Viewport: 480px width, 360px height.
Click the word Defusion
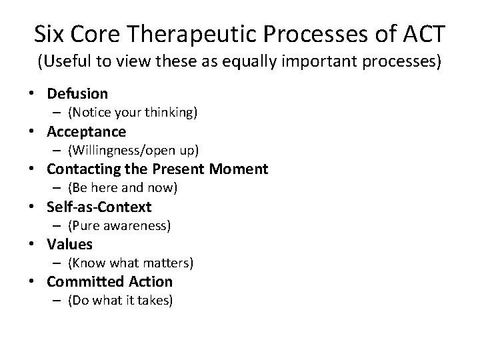pos(77,94)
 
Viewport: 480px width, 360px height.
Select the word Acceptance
pos(86,131)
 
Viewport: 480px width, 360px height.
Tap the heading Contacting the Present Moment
pos(157,169)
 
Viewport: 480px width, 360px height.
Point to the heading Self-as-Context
pos(99,207)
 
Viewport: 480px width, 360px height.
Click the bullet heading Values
pos(69,245)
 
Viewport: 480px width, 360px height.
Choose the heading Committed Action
pos(109,282)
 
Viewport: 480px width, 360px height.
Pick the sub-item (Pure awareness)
pos(119,226)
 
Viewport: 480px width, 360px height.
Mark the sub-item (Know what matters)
pos(130,263)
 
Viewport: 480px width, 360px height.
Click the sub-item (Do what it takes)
pos(120,301)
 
